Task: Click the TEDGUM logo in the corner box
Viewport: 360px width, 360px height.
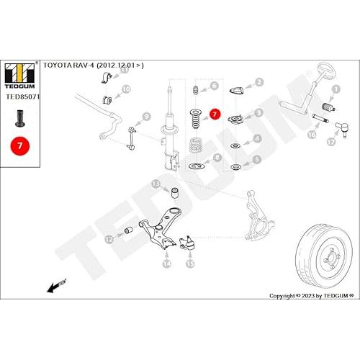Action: [x=19, y=76]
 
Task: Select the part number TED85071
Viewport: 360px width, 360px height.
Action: [x=22, y=96]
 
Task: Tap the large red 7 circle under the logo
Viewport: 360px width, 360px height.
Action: [x=20, y=145]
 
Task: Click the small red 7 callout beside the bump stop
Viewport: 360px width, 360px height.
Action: [x=215, y=114]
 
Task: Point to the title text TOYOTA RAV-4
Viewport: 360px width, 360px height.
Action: [x=68, y=66]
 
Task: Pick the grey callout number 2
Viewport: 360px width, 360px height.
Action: [x=258, y=82]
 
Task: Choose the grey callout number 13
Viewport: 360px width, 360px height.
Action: [x=156, y=184]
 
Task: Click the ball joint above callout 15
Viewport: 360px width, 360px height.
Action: [x=186, y=243]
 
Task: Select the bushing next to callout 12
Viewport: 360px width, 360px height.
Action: [x=129, y=230]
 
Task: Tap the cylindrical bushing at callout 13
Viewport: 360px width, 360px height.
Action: [x=174, y=194]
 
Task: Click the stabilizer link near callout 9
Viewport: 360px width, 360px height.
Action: [x=131, y=139]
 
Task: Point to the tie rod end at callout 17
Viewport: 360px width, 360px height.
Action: [x=342, y=129]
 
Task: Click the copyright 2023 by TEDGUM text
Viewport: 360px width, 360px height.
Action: [x=312, y=296]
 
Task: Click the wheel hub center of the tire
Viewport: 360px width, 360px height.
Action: [x=330, y=259]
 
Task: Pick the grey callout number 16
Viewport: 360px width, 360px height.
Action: [x=312, y=135]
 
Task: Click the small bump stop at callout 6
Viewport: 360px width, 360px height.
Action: [x=196, y=90]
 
